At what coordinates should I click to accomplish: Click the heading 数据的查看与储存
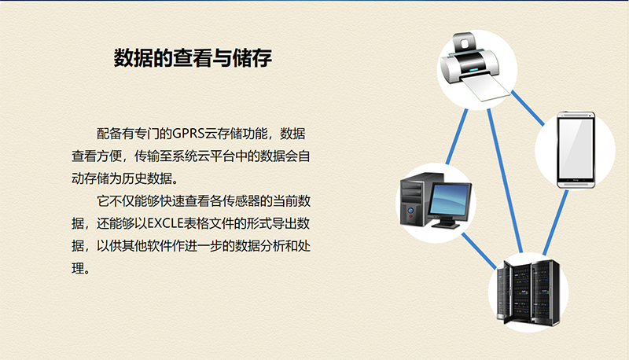(x=193, y=57)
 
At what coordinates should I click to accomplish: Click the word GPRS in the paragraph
(x=189, y=134)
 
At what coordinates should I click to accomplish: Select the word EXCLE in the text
(x=166, y=223)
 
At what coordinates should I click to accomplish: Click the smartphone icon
(x=576, y=150)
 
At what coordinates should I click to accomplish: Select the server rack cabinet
(x=528, y=292)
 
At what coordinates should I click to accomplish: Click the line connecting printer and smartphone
(x=528, y=108)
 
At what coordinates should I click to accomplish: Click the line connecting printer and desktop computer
(x=457, y=137)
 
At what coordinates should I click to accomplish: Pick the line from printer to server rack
(x=505, y=181)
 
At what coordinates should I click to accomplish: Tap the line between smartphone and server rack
(x=556, y=222)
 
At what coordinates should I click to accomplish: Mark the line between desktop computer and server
(x=479, y=251)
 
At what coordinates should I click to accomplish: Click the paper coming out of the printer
(x=485, y=87)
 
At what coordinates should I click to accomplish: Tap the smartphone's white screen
(x=576, y=149)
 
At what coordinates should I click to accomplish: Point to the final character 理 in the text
(x=78, y=268)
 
